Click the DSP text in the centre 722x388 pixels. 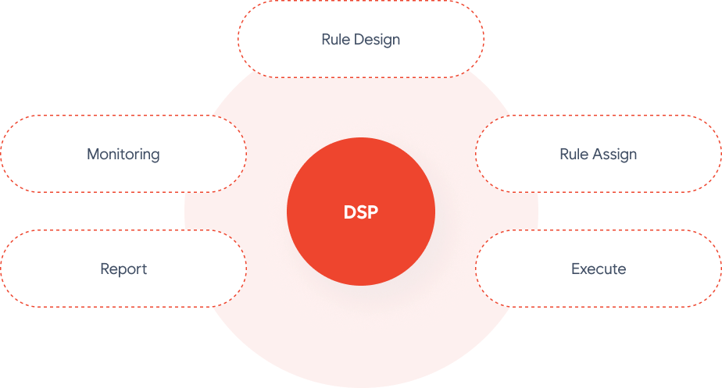coord(360,212)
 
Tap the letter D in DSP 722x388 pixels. coord(350,212)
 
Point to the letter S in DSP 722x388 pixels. coord(362,212)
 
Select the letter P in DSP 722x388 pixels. coord(373,212)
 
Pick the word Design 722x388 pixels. coord(377,40)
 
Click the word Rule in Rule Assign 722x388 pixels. coord(574,154)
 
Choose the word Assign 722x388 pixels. coord(614,155)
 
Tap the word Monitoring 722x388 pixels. coord(123,155)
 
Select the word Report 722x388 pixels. coord(123,269)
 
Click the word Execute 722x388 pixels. coord(599,269)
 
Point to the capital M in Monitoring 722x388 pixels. coord(94,154)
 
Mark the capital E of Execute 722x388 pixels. coord(576,269)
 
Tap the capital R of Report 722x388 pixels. coord(105,269)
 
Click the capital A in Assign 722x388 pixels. coord(597,154)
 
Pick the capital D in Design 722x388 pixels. coord(359,39)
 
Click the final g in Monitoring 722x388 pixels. coord(155,157)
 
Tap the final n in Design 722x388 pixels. coord(396,41)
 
